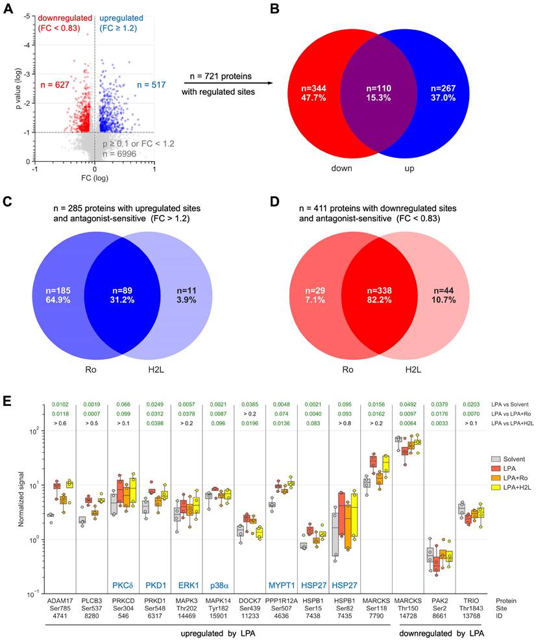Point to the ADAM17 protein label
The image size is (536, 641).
pyautogui.click(x=59, y=599)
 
